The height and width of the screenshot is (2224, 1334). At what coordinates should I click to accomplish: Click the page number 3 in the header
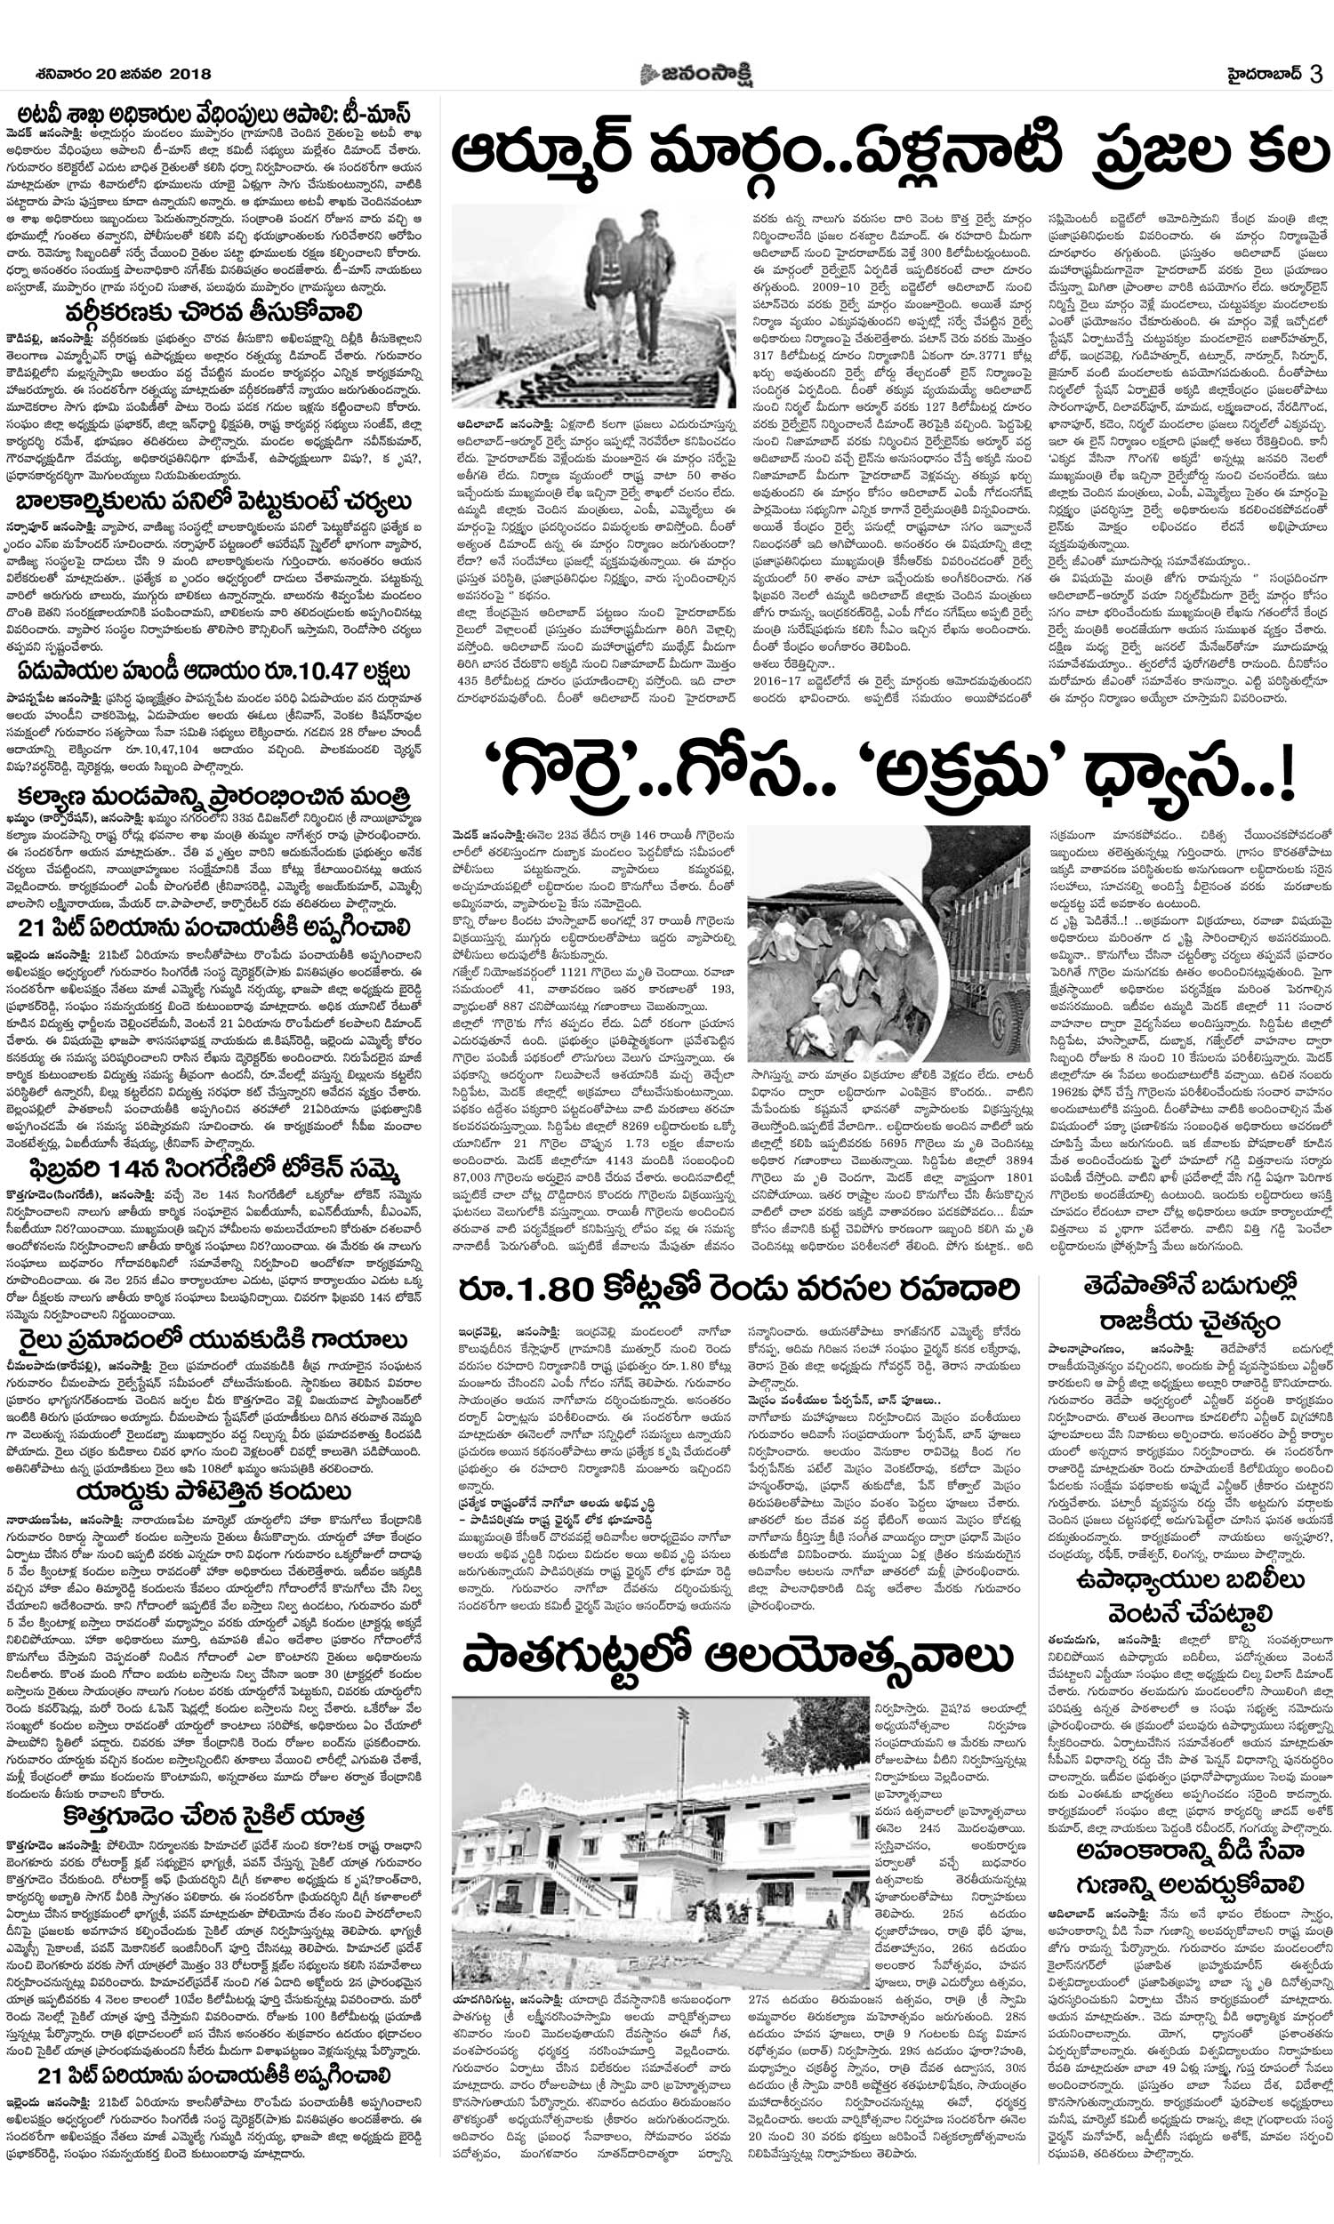point(1315,74)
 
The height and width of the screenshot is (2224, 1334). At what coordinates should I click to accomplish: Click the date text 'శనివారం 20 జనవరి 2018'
point(112,75)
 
